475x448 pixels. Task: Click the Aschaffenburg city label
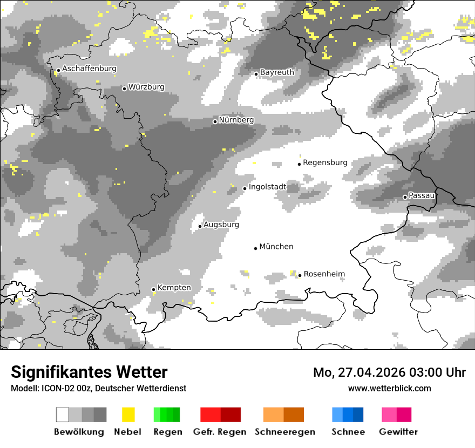point(89,69)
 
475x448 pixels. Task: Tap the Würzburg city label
point(146,87)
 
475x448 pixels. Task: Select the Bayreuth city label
point(277,72)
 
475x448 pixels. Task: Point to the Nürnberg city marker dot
point(215,121)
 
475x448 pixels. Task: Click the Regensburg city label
point(325,162)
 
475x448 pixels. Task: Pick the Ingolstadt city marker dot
point(245,188)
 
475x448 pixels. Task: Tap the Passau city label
point(422,195)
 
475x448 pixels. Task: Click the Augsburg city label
point(221,225)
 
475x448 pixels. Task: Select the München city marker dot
point(256,248)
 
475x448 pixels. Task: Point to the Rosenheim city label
point(324,274)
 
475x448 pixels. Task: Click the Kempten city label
point(174,288)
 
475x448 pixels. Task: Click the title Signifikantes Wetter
point(89,372)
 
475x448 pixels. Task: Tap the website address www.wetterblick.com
point(389,388)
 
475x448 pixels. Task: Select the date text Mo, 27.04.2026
point(358,372)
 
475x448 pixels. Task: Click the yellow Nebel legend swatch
point(128,415)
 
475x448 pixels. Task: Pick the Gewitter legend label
point(398,432)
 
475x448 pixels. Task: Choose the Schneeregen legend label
point(284,432)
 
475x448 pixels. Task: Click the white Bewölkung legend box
point(63,415)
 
